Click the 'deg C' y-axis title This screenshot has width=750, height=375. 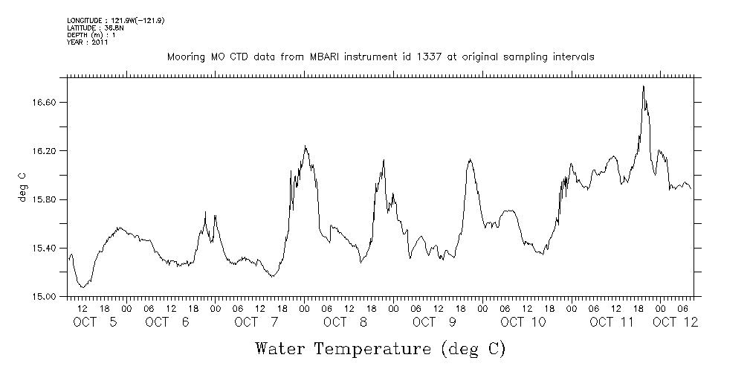[22, 187]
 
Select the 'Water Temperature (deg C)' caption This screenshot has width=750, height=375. [380, 348]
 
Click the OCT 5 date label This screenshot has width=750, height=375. [95, 322]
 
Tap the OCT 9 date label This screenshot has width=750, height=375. [424, 322]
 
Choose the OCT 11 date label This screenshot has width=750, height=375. [612, 322]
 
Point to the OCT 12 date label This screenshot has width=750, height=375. [675, 322]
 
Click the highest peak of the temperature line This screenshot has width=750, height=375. [643, 86]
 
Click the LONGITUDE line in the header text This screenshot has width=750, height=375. [115, 21]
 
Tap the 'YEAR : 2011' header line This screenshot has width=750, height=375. [88, 42]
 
